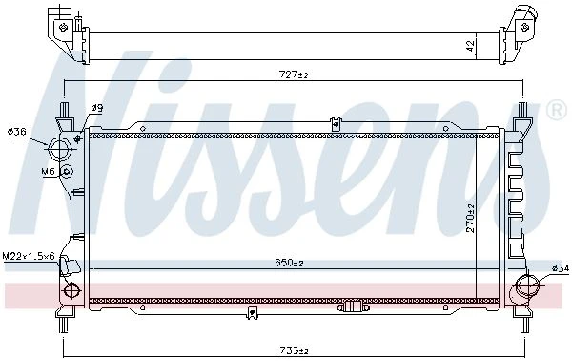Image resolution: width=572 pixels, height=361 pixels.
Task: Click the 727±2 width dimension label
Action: coord(294,74)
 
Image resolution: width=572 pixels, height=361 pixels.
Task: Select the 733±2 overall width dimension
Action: coord(294,350)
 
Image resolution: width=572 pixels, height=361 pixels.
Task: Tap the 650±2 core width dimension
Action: coord(289,263)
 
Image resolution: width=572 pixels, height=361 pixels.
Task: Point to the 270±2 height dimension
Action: coord(470,218)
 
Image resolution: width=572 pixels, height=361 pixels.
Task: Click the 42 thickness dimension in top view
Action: coord(471,46)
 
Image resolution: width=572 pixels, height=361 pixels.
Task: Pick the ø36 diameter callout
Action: coord(17,132)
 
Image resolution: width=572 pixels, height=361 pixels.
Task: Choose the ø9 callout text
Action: coord(97,108)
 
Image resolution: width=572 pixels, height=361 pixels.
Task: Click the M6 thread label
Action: coord(48,171)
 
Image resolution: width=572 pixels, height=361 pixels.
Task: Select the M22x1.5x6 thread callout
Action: coord(29,256)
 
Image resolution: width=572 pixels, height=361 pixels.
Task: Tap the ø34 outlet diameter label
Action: coord(561,268)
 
